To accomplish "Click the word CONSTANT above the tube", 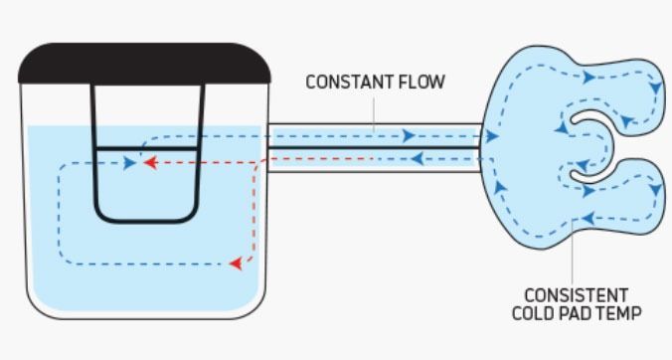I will click(342, 83).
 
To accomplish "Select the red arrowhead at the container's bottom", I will click(236, 264).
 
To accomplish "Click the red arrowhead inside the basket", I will click(150, 161).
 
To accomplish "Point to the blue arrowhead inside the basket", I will click(130, 162).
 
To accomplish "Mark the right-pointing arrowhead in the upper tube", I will click(408, 136).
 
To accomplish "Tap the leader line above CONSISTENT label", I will click(575, 259).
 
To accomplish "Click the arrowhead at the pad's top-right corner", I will click(655, 88).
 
